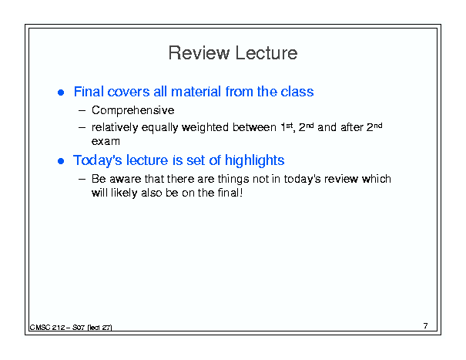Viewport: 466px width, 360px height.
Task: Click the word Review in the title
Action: point(199,53)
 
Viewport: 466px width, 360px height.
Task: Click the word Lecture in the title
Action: point(267,53)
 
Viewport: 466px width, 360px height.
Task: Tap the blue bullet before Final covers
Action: point(61,93)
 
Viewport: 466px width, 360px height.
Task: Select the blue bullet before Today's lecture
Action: point(61,161)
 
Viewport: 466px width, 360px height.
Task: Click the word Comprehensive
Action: point(132,111)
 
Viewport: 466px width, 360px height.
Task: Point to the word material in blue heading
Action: point(196,92)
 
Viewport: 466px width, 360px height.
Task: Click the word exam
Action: point(106,141)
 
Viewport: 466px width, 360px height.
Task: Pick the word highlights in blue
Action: point(254,160)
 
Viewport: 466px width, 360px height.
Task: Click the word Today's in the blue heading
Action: point(98,160)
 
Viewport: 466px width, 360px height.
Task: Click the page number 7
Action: point(426,326)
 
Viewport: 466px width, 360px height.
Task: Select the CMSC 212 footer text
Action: point(71,328)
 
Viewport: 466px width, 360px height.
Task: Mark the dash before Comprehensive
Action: point(82,111)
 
